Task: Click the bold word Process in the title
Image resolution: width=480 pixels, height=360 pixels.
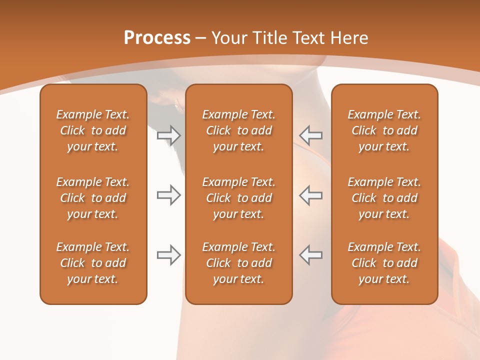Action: point(157,38)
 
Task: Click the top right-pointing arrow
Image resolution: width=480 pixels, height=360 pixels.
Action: point(169,135)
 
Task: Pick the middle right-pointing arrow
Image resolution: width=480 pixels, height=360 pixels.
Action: point(169,195)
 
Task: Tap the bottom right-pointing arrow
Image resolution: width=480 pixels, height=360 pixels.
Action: point(169,255)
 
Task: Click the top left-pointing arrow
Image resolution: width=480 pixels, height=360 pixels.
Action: point(311,135)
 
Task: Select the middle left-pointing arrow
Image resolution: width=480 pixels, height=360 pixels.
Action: point(311,195)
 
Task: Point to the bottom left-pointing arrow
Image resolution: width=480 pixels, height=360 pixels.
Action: point(311,255)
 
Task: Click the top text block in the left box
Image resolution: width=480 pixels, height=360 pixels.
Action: point(93,130)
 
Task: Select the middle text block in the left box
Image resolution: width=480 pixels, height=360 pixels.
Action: point(93,198)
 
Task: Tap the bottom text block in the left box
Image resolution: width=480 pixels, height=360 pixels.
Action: point(93,263)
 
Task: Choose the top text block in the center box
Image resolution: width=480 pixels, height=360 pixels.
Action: point(238,130)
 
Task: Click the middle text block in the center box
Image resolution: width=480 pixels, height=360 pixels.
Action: point(238,198)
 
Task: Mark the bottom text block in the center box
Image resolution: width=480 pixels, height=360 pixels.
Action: point(238,263)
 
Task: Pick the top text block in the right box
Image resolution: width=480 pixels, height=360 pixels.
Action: point(384,130)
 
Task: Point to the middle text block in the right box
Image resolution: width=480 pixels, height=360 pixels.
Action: point(384,198)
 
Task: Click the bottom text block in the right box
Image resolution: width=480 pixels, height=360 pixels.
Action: point(384,263)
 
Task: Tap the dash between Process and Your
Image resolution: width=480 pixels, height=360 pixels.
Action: point(201,38)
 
